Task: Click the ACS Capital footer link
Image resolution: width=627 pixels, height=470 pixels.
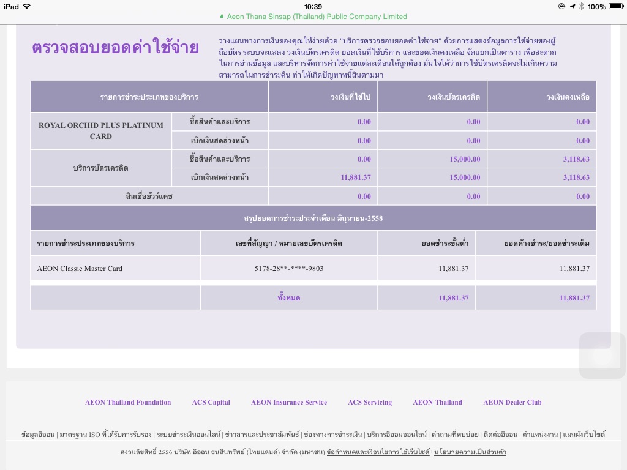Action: tap(211, 402)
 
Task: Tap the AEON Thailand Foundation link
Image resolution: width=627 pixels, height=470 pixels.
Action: tap(128, 402)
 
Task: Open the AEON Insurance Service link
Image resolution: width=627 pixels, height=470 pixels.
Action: tap(289, 402)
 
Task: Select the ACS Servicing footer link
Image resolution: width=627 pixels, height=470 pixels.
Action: tap(370, 402)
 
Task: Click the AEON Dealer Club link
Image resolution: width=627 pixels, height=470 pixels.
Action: tap(512, 402)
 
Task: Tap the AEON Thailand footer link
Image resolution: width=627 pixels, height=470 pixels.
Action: tap(437, 402)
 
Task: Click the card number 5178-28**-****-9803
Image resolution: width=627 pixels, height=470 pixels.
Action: tap(289, 269)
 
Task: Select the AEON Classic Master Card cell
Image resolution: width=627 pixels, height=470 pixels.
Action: tap(80, 269)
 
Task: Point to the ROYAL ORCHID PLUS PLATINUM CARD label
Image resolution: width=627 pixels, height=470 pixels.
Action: tap(101, 131)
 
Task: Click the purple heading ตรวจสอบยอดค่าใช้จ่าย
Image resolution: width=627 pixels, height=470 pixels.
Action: tap(115, 48)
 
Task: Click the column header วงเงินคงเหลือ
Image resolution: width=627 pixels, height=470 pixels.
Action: tap(568, 97)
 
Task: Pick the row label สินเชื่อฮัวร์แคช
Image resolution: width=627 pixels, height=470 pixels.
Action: tap(149, 196)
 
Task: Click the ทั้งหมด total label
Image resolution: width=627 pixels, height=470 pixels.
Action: tap(289, 298)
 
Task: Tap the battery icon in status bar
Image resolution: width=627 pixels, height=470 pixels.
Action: tap(615, 7)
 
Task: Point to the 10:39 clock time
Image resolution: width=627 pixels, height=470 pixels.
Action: tap(313, 7)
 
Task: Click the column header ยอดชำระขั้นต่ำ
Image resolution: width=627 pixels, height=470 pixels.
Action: tap(445, 244)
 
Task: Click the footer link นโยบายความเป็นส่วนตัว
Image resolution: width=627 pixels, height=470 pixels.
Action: tap(470, 452)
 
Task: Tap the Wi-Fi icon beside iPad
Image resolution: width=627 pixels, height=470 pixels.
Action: tap(26, 7)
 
